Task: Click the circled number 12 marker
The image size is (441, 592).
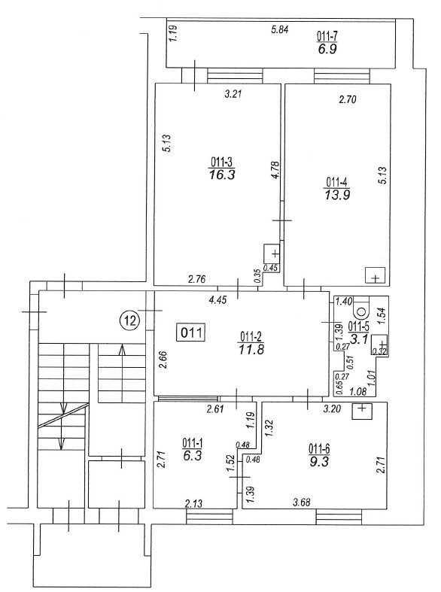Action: point(129,321)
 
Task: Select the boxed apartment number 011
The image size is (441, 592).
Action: point(192,333)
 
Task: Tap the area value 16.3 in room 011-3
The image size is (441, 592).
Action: point(222,175)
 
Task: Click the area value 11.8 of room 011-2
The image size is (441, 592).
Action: point(251,349)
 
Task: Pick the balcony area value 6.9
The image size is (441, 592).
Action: point(327,49)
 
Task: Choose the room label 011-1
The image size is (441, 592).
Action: point(192,442)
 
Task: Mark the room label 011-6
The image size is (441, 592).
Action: point(319,448)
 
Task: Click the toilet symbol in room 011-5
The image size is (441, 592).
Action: point(361,309)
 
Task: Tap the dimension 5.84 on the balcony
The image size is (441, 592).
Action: point(280,29)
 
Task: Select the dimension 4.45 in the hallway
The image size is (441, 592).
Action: point(217,300)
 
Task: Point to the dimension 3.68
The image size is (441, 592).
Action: point(301,502)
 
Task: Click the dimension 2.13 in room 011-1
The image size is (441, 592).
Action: point(193,503)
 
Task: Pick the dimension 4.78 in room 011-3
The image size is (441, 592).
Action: point(275,170)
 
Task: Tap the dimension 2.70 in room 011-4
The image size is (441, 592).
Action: point(348,100)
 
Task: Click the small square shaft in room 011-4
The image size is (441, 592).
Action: point(375,275)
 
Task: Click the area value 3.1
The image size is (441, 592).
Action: point(358,339)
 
